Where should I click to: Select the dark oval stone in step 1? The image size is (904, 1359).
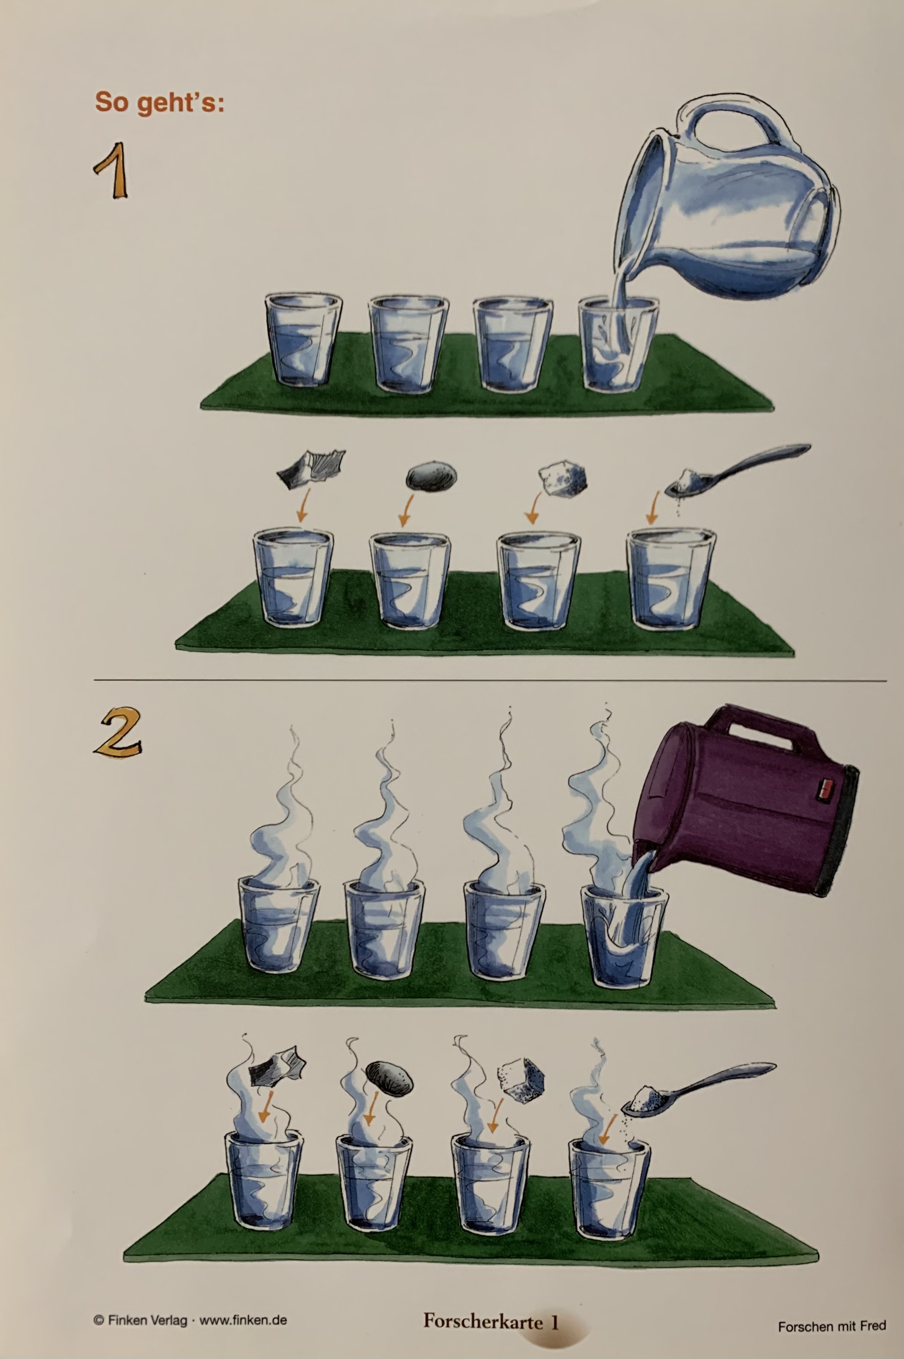(431, 476)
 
